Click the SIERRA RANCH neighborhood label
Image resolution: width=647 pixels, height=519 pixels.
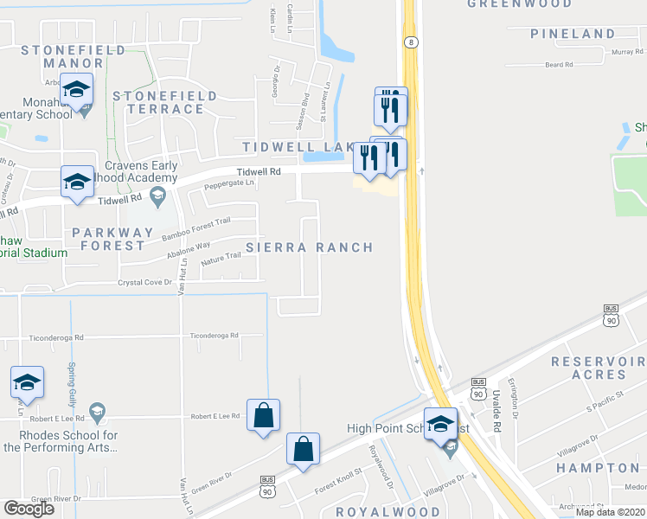[x=310, y=247]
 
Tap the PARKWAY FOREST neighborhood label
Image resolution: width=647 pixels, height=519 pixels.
[x=109, y=239]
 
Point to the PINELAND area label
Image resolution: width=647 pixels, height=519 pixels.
[x=573, y=34]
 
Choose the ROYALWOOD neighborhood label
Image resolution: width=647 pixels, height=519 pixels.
[x=376, y=512]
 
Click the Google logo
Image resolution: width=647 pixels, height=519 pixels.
[x=29, y=509]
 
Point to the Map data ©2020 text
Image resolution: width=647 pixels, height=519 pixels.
[x=611, y=512]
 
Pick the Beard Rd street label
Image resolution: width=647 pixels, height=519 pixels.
[x=559, y=65]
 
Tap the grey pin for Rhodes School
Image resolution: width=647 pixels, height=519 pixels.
[x=97, y=412]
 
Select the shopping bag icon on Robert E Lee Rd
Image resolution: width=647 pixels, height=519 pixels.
[x=263, y=416]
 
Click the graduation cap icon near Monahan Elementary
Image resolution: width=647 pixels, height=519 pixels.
[x=76, y=90]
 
